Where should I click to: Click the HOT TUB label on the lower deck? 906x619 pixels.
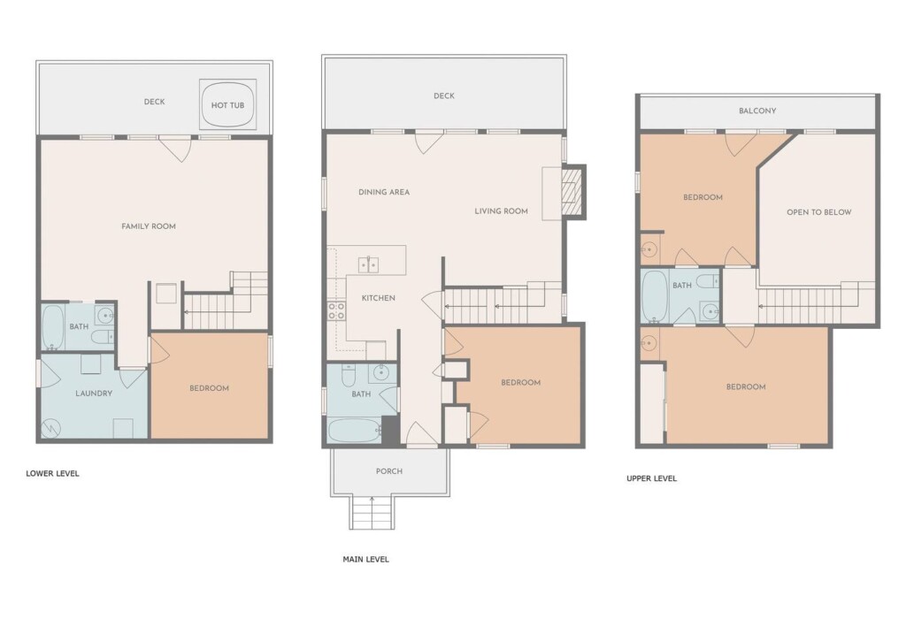click(x=227, y=105)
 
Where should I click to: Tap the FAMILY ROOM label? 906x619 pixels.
click(x=149, y=226)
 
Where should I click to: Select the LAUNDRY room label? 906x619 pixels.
click(x=94, y=394)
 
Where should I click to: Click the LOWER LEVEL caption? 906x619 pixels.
click(x=52, y=473)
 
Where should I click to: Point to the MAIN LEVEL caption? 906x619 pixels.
click(x=365, y=559)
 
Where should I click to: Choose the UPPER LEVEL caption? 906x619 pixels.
click(x=651, y=478)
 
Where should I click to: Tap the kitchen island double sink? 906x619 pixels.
click(x=368, y=264)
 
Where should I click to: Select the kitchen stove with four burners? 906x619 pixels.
click(x=337, y=311)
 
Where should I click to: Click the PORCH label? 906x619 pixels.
click(x=389, y=471)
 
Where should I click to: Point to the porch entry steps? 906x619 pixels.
click(x=372, y=513)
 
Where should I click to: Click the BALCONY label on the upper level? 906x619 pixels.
click(x=757, y=111)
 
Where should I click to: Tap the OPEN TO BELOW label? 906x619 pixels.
click(x=818, y=212)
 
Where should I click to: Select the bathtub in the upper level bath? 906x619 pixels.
click(x=655, y=297)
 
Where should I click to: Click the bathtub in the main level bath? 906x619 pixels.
click(x=354, y=430)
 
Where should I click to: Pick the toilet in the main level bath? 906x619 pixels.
click(x=348, y=376)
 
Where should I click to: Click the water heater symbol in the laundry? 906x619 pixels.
click(x=50, y=427)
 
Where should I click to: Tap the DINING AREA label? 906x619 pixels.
click(x=384, y=192)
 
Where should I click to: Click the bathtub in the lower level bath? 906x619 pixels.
click(x=52, y=327)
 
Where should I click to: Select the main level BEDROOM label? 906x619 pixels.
click(x=520, y=382)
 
